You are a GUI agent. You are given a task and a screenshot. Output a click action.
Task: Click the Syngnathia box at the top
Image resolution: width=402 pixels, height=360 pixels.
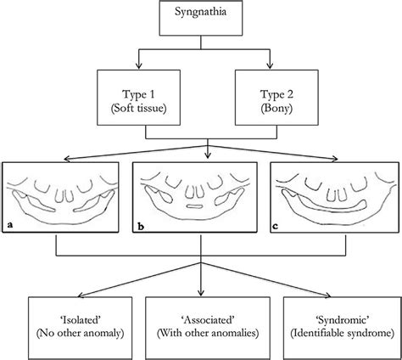200,20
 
